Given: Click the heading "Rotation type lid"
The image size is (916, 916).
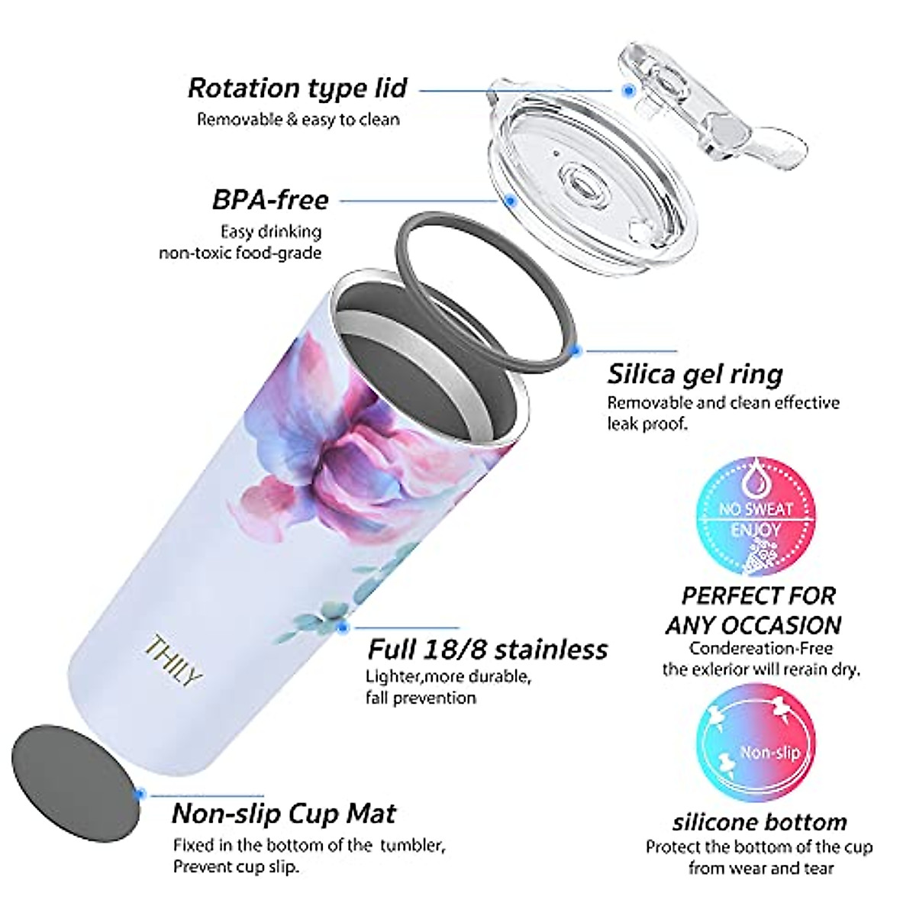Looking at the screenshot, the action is tap(298, 89).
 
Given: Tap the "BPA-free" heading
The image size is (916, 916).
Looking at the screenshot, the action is tap(270, 200).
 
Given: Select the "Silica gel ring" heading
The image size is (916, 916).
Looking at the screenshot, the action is tap(695, 374).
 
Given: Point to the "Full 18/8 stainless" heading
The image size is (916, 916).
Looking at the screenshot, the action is tap(488, 650).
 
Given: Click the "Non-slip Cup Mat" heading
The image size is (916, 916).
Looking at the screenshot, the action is tap(284, 814).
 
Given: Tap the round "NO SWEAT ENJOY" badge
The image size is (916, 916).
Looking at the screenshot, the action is tap(756, 513).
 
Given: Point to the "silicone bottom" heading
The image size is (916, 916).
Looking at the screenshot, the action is tap(760, 822).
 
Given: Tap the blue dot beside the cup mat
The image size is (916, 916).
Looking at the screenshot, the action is tap(139, 794).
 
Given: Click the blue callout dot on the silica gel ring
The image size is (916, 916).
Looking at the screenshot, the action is tap(577, 351).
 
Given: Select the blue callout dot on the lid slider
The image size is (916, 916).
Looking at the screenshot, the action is tap(628, 90).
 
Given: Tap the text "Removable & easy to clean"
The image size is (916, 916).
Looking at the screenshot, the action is tap(298, 120).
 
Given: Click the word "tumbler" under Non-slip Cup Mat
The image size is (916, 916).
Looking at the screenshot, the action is tap(410, 846).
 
